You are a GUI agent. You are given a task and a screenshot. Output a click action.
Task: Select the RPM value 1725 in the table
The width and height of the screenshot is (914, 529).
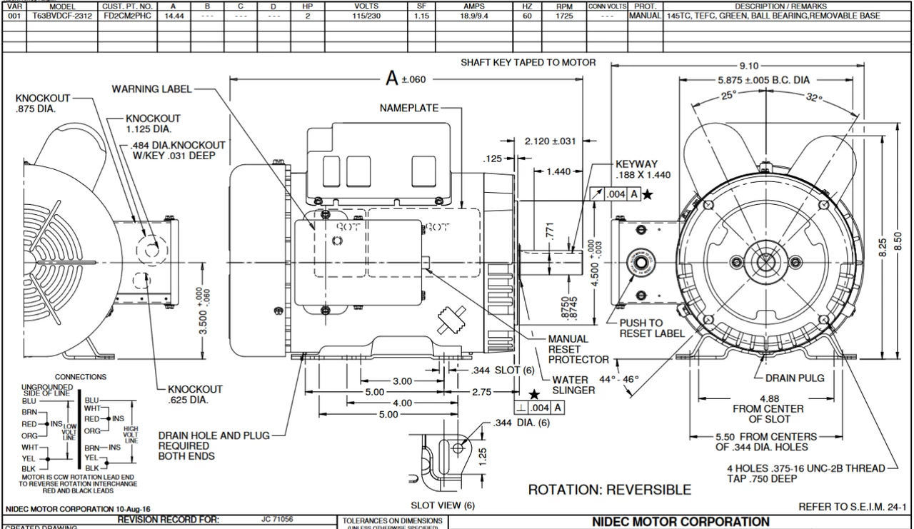pyautogui.click(x=565, y=16)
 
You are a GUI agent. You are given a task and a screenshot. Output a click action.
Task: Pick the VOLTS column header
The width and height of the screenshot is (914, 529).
pyautogui.click(x=366, y=6)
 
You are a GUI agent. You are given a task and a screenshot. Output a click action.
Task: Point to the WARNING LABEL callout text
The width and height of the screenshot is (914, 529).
pyautogui.click(x=152, y=89)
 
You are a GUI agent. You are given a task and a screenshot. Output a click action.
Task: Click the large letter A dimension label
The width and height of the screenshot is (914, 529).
pyautogui.click(x=391, y=79)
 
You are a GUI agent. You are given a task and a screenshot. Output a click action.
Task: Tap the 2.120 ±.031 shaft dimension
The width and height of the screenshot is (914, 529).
pyautogui.click(x=550, y=141)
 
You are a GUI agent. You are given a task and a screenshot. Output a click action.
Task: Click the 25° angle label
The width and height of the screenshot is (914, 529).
pyautogui.click(x=728, y=95)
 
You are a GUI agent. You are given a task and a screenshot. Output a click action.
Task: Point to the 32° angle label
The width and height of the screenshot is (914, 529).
pyautogui.click(x=815, y=99)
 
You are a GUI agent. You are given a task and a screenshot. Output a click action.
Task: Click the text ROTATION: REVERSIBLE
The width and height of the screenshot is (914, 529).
pyautogui.click(x=609, y=490)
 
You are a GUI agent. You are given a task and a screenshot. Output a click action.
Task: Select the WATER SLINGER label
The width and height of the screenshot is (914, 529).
pyautogui.click(x=573, y=386)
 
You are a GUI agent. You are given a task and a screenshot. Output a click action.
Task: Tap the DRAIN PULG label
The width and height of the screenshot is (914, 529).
pyautogui.click(x=795, y=378)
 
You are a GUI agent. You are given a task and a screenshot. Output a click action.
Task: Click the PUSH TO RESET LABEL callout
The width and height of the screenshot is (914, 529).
pyautogui.click(x=652, y=328)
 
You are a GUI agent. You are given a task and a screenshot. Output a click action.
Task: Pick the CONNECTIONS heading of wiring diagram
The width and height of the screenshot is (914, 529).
pyautogui.click(x=81, y=377)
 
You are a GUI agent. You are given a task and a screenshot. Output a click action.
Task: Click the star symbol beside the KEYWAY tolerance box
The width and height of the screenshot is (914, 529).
pyautogui.click(x=647, y=195)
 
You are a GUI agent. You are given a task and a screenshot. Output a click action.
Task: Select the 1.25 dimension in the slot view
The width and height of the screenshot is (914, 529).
pyautogui.click(x=483, y=454)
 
